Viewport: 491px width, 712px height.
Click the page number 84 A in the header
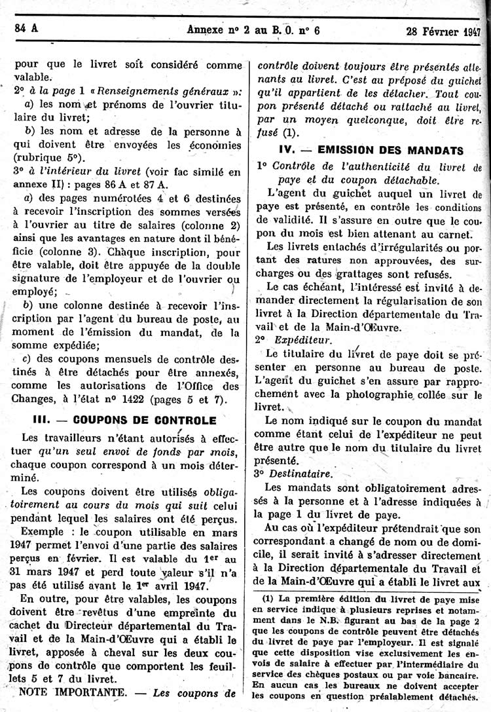(x=26, y=28)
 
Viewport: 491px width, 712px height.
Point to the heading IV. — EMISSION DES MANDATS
(x=371, y=149)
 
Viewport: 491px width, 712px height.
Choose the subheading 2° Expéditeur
(x=293, y=341)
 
